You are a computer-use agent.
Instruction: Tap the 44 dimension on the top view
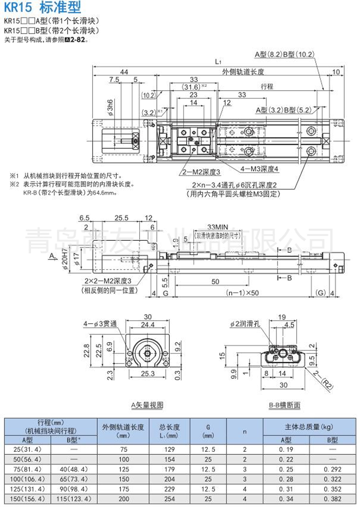(124, 72)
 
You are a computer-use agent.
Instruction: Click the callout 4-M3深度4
(260, 169)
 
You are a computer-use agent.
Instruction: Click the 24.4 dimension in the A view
(147, 325)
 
